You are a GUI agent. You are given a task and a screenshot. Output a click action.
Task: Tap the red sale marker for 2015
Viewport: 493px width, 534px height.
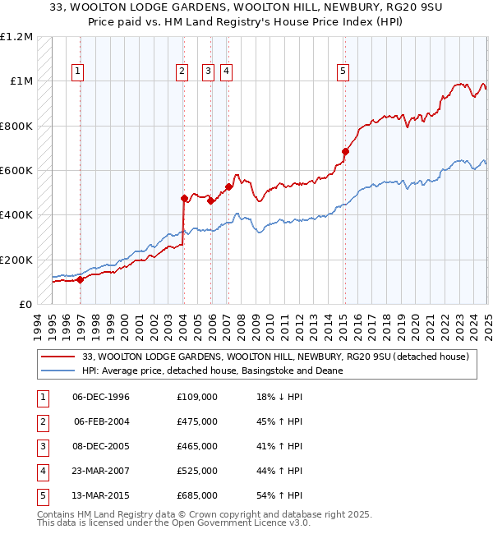tap(346, 151)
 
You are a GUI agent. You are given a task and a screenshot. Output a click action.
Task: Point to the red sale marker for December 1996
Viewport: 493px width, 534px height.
tap(81, 279)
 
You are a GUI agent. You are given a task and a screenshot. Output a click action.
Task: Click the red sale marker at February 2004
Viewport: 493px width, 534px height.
tap(184, 198)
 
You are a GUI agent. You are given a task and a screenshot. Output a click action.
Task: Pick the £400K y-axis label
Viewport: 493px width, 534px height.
tap(17, 215)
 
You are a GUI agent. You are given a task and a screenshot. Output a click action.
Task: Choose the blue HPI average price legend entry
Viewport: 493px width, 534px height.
tap(212, 371)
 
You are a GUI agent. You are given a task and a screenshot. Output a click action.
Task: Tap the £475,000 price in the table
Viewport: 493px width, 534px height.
tap(196, 421)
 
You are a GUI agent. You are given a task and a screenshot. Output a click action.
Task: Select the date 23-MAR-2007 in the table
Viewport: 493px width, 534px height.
tap(101, 471)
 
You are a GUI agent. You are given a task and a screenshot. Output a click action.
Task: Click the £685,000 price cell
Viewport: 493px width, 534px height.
tap(196, 495)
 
